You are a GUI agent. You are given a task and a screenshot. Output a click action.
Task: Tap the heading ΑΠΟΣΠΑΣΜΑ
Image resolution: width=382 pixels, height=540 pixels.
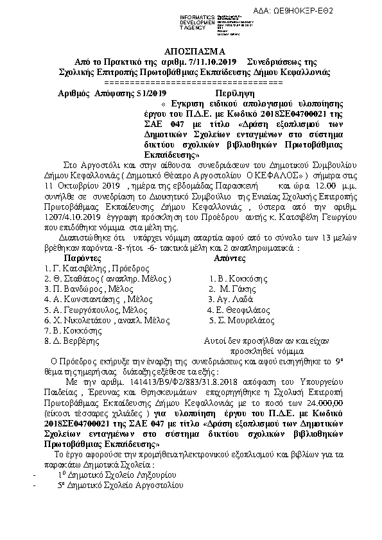(x=190, y=51)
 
